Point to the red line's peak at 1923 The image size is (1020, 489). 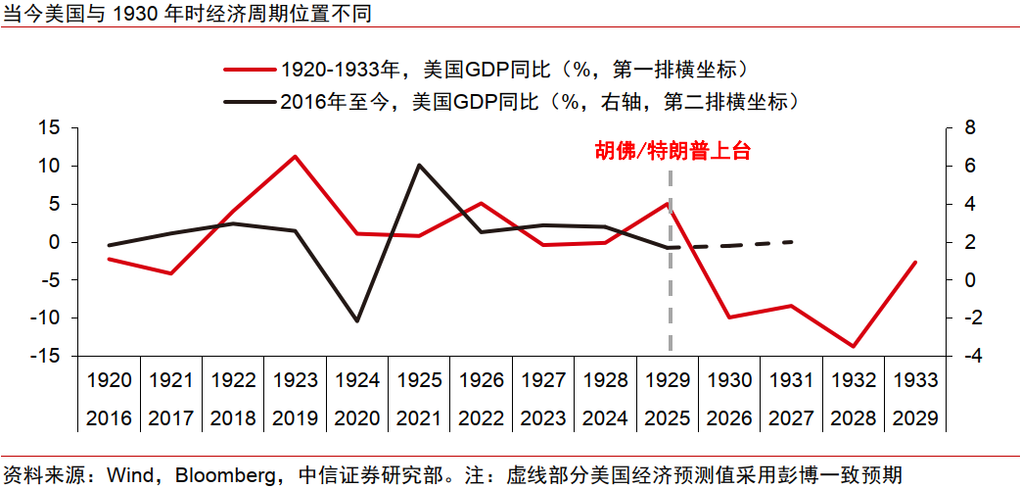pyautogui.click(x=295, y=156)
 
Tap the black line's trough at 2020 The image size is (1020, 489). pyautogui.click(x=356, y=321)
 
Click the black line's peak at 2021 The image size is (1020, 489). pyautogui.click(x=419, y=165)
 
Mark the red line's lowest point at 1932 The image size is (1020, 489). pyautogui.click(x=854, y=346)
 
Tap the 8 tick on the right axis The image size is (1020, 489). pyautogui.click(x=970, y=128)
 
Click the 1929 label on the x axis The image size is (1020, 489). pyautogui.click(x=672, y=380)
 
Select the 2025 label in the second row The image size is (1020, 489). pyautogui.click(x=672, y=418)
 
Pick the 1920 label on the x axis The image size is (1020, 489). pyautogui.click(x=109, y=380)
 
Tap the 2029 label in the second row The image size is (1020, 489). pyautogui.click(x=915, y=418)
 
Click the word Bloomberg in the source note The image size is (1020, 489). pyautogui.click(x=218, y=475)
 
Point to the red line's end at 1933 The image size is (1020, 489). pyautogui.click(x=916, y=262)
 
